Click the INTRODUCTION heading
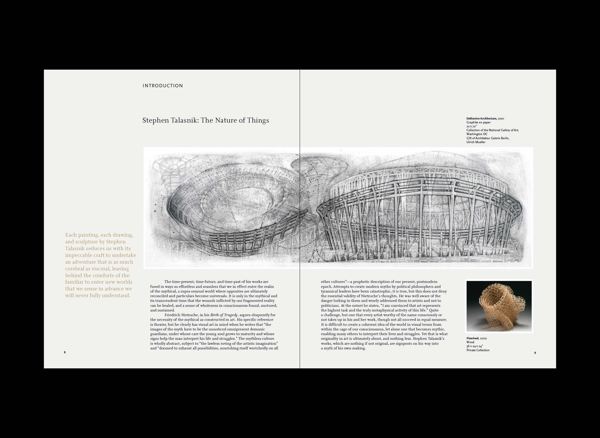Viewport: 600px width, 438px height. coord(163,86)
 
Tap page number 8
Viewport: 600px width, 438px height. coord(65,352)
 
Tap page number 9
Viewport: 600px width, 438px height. coord(535,353)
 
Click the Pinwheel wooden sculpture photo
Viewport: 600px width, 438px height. coord(499,306)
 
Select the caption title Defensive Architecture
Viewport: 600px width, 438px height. coord(481,118)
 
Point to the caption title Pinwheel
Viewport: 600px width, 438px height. coord(472,338)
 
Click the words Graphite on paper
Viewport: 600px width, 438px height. coord(478,123)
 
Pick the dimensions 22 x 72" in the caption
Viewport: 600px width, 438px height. coord(471,127)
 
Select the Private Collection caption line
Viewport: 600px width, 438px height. coord(478,350)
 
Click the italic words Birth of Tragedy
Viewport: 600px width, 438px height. coord(224,315)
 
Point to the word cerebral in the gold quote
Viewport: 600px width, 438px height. coord(75,269)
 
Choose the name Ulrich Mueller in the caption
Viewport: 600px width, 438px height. coord(476,142)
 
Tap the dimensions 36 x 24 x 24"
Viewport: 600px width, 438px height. coord(475,346)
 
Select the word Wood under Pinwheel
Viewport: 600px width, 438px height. coord(470,342)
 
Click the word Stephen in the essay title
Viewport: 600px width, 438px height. coord(155,120)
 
